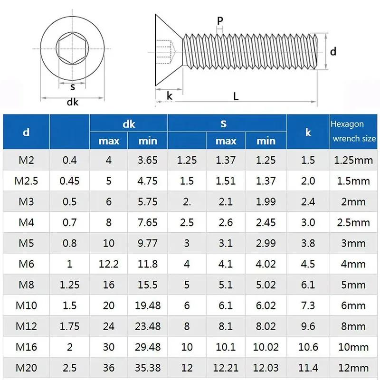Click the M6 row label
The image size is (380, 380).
[26, 264]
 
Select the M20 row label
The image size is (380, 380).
[26, 368]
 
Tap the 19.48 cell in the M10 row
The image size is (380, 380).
[147, 305]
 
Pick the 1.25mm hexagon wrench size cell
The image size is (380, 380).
[353, 160]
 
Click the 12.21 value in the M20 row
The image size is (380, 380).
[226, 368]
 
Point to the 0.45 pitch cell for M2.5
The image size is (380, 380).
[69, 181]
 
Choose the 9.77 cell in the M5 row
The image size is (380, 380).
[147, 243]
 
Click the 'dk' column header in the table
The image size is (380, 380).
[129, 124]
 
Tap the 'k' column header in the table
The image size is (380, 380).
[308, 132]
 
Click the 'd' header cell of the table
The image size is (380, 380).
[26, 132]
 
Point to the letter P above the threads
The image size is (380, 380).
[219, 22]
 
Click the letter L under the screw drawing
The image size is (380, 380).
[236, 95]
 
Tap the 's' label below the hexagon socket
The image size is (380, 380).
[73, 87]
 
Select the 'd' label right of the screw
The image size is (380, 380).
[333, 51]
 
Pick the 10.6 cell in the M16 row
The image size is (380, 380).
[308, 347]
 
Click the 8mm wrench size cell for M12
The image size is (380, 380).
[353, 326]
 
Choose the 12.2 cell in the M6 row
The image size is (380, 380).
[109, 264]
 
